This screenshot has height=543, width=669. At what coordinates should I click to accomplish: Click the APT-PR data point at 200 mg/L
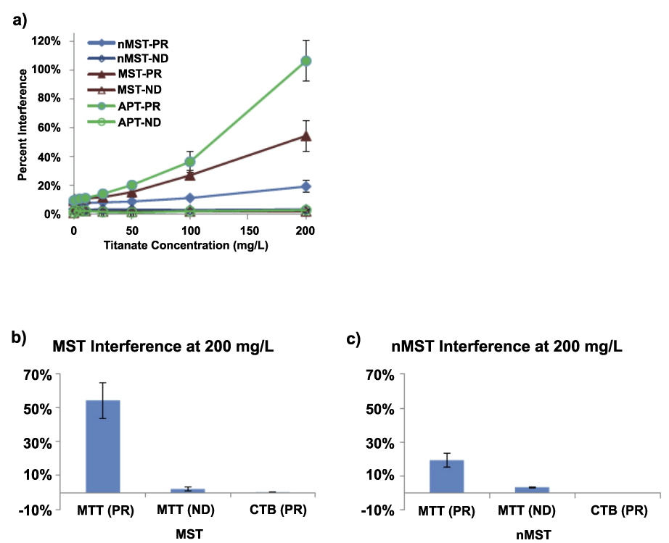[x=306, y=61]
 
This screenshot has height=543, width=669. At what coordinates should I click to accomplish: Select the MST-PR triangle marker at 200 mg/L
[x=306, y=136]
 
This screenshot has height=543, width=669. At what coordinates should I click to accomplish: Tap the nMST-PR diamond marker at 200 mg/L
[x=306, y=186]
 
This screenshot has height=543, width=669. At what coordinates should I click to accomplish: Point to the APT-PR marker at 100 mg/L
[x=189, y=162]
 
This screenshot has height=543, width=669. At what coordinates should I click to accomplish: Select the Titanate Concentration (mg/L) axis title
[x=190, y=244]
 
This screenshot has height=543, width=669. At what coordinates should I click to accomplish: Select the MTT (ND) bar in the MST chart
[x=187, y=490]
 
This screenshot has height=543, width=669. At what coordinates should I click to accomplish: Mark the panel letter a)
[x=20, y=20]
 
